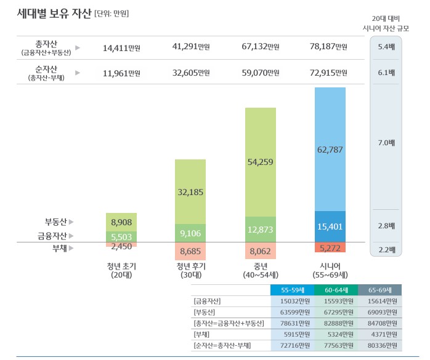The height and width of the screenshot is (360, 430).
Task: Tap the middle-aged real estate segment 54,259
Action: click(x=260, y=162)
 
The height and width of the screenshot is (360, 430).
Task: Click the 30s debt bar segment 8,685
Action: click(x=190, y=251)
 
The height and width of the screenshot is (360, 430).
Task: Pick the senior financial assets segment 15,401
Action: click(x=330, y=226)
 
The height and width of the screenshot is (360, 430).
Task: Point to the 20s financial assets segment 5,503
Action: click(x=121, y=236)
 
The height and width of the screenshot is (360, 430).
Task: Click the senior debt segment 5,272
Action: click(x=330, y=247)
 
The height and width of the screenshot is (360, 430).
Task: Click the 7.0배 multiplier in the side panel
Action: click(x=386, y=143)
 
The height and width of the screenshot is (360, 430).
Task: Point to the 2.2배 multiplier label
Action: click(x=386, y=249)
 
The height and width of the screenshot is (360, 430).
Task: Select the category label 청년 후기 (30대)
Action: click(x=190, y=270)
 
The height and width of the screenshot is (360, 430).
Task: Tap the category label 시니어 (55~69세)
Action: click(x=330, y=270)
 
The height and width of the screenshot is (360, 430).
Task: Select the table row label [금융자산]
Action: click(x=207, y=302)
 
